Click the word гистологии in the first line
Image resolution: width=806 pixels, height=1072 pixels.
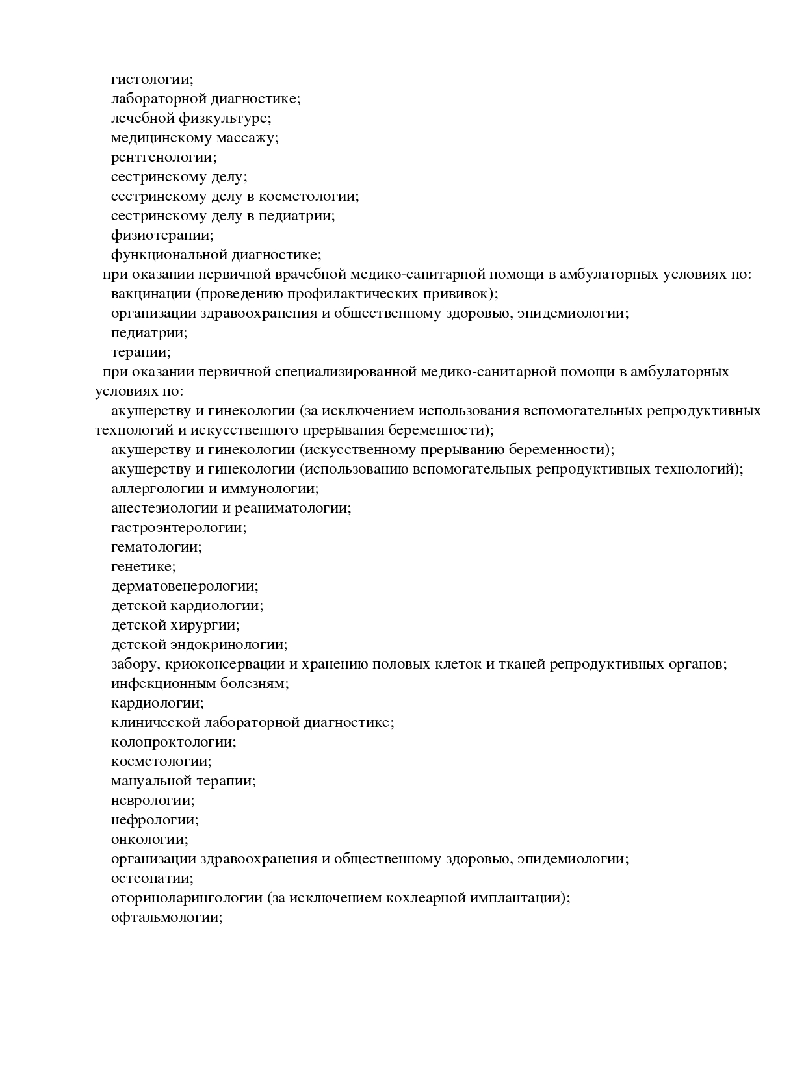pyautogui.click(x=152, y=79)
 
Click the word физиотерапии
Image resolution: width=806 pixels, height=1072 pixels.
pyautogui.click(x=162, y=235)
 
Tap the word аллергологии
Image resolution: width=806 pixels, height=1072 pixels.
pyautogui.click(x=156, y=489)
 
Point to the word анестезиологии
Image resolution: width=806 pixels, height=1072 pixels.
pyautogui.click(x=163, y=508)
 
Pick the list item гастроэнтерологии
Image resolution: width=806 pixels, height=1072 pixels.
pyautogui.click(x=179, y=528)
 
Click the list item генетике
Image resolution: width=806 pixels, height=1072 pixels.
pyautogui.click(x=143, y=567)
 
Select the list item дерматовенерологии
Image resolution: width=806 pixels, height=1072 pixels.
pyautogui.click(x=185, y=586)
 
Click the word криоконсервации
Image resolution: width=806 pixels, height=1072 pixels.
pyautogui.click(x=225, y=664)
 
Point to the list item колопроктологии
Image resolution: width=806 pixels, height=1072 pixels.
pyautogui.click(x=174, y=742)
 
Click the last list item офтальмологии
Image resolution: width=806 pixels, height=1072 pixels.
pyautogui.click(x=167, y=917)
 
